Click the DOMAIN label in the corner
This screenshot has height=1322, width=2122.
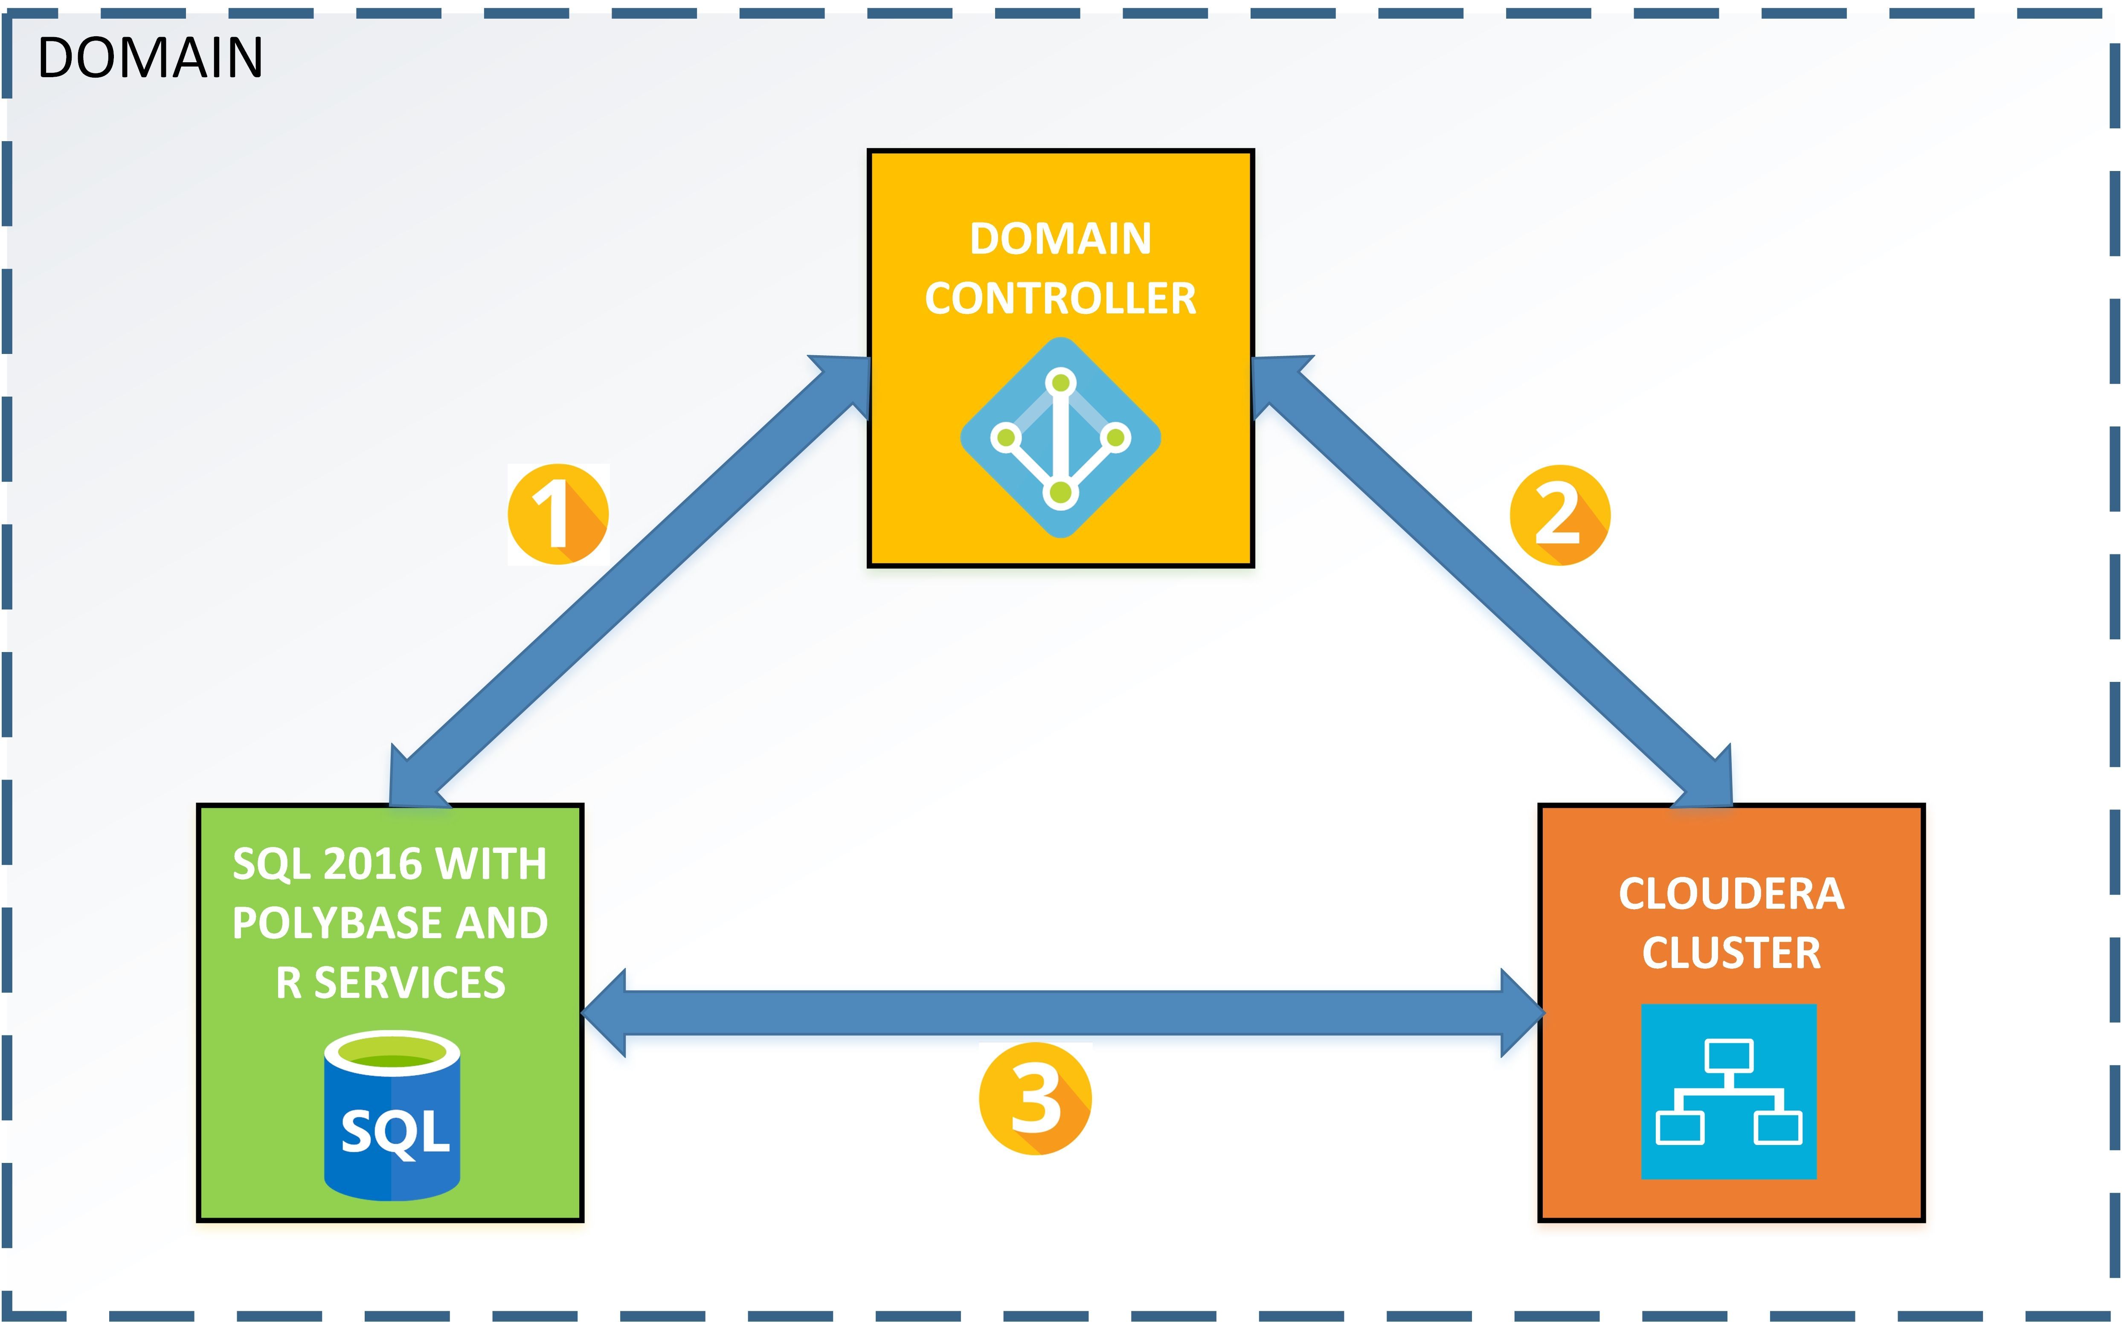click(x=150, y=58)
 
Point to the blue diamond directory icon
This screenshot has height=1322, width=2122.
click(x=1060, y=437)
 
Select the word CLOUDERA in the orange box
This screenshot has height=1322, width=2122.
click(x=1731, y=893)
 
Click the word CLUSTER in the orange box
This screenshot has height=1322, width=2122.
click(x=1731, y=953)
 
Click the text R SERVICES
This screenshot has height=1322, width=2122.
click(x=391, y=983)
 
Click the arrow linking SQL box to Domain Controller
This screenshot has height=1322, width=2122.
click(x=630, y=581)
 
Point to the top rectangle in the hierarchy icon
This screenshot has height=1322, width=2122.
click(x=1729, y=1055)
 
